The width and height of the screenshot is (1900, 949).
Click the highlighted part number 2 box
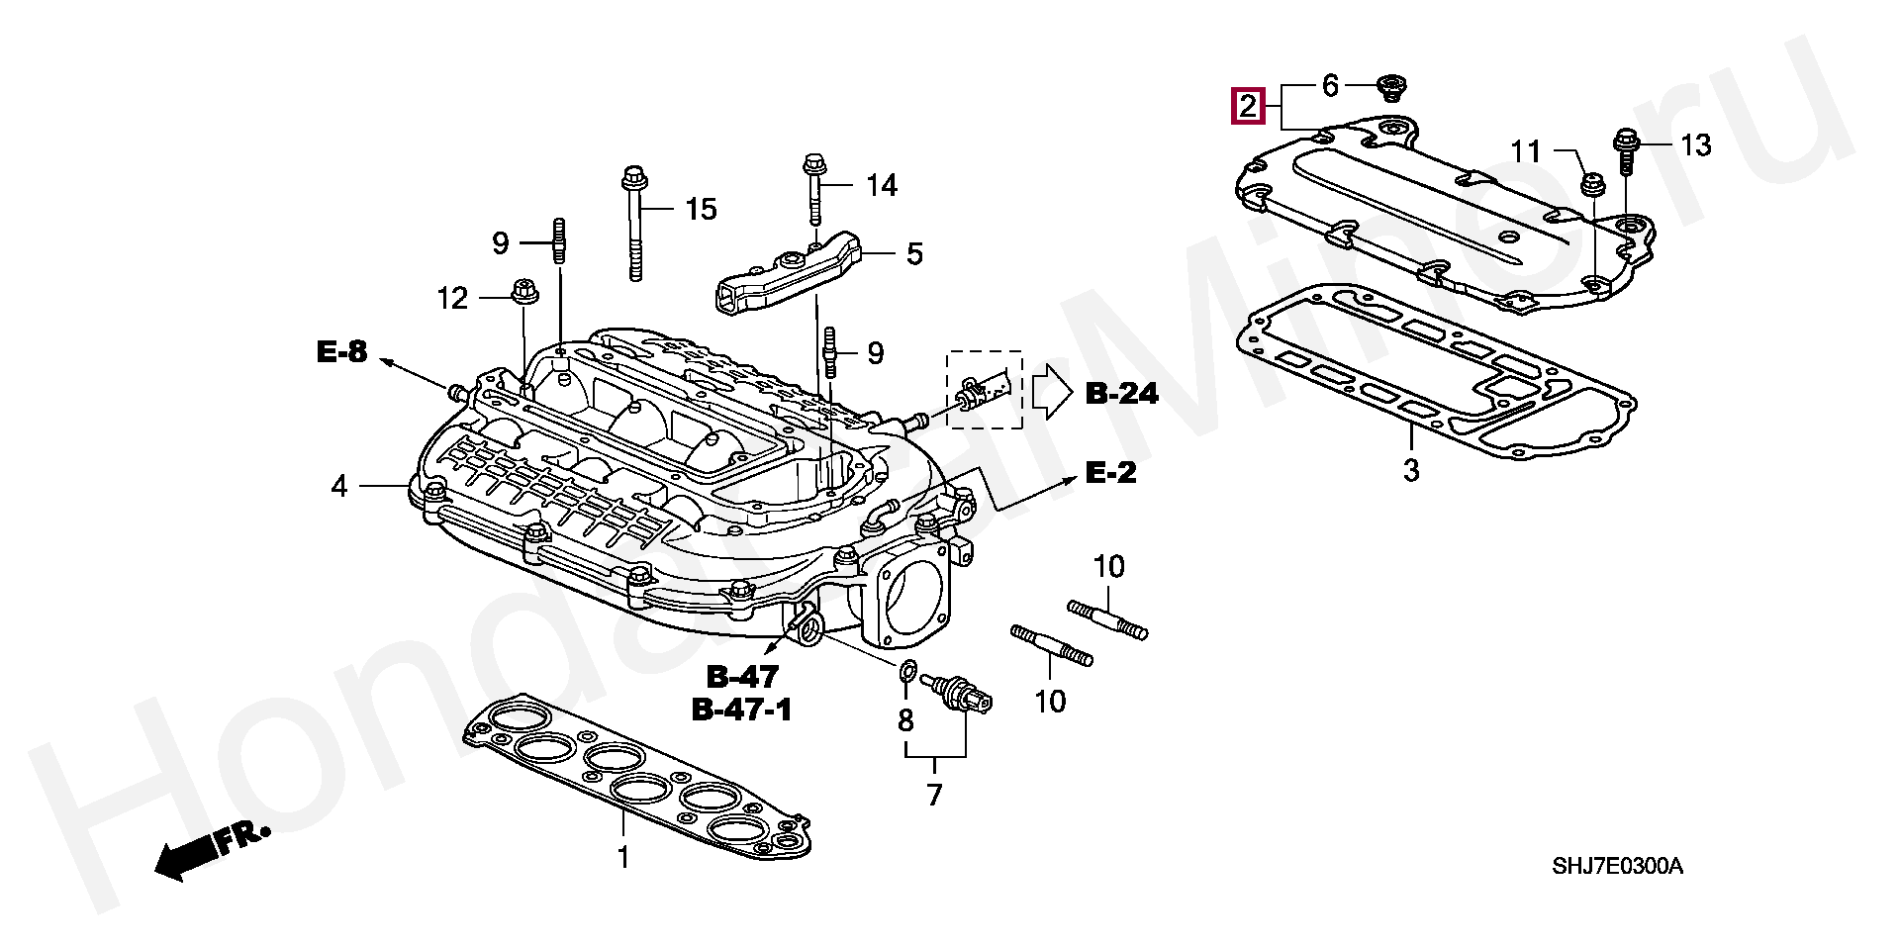1248,105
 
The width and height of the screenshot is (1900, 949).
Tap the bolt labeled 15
632,225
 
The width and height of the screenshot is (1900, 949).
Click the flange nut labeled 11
1592,185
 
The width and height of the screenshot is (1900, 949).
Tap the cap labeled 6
1391,88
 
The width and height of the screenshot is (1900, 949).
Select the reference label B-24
1122,393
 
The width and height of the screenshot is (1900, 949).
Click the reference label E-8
341,350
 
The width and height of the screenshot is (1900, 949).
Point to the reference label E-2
1111,473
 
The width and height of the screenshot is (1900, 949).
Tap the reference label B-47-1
742,710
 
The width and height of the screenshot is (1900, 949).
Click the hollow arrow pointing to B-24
1052,393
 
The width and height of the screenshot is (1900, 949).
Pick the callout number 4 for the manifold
339,486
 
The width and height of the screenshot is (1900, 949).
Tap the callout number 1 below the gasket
623,857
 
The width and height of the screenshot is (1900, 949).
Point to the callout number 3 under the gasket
1411,471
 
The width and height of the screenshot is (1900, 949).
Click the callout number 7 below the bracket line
935,795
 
